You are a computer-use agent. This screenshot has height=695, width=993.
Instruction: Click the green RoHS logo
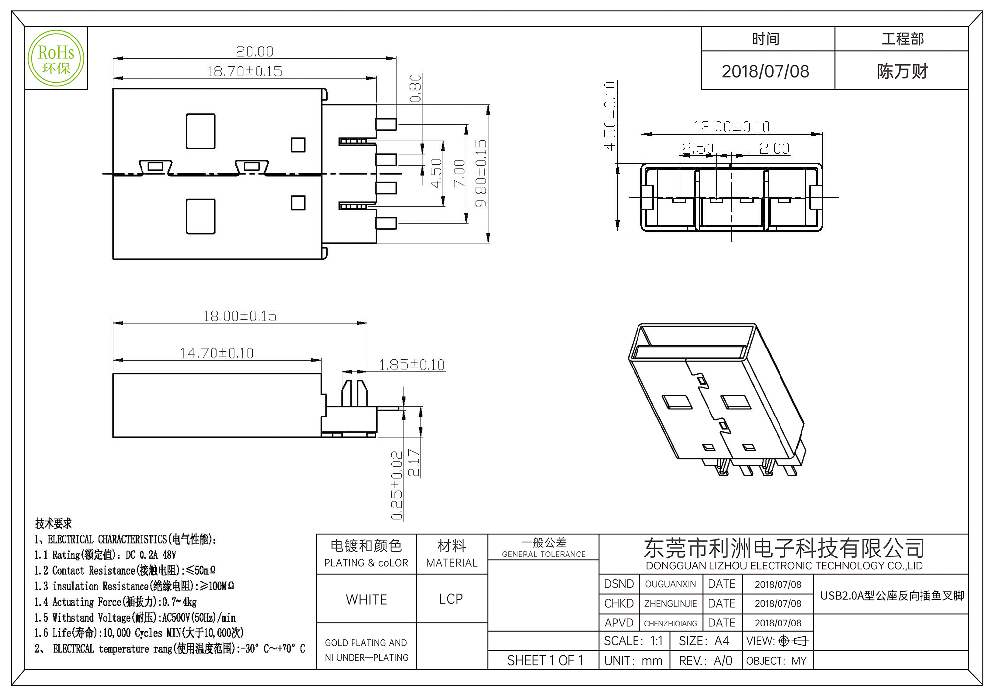[56, 59]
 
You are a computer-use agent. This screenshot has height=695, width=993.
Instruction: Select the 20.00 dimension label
[254, 52]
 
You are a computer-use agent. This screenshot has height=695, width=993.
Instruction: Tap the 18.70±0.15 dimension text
[244, 71]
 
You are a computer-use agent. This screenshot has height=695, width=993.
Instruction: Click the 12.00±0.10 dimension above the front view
[731, 127]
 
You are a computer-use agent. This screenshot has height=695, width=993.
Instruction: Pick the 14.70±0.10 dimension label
[216, 353]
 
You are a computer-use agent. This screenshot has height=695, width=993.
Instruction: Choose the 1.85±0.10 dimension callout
[412, 365]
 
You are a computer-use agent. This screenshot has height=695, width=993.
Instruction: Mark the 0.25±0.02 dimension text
[397, 486]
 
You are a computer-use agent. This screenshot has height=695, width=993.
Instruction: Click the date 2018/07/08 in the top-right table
[765, 71]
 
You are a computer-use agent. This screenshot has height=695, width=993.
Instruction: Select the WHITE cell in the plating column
[366, 600]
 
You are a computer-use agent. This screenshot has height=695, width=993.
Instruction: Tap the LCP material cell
[451, 599]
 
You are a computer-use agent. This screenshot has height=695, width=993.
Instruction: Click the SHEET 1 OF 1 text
[545, 661]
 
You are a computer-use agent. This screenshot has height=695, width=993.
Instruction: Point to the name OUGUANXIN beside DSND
[670, 584]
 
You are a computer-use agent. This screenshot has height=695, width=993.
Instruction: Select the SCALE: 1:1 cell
[633, 641]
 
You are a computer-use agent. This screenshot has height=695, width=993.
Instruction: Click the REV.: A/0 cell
[705, 661]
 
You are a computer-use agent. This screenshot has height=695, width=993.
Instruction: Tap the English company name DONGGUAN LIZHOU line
[784, 566]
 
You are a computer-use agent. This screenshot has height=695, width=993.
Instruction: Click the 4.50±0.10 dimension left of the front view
[610, 116]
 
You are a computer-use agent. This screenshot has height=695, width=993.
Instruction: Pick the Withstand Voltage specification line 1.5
[135, 618]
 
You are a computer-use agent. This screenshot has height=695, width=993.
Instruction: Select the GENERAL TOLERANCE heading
[544, 554]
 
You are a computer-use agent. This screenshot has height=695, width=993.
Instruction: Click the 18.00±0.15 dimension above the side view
[239, 316]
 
